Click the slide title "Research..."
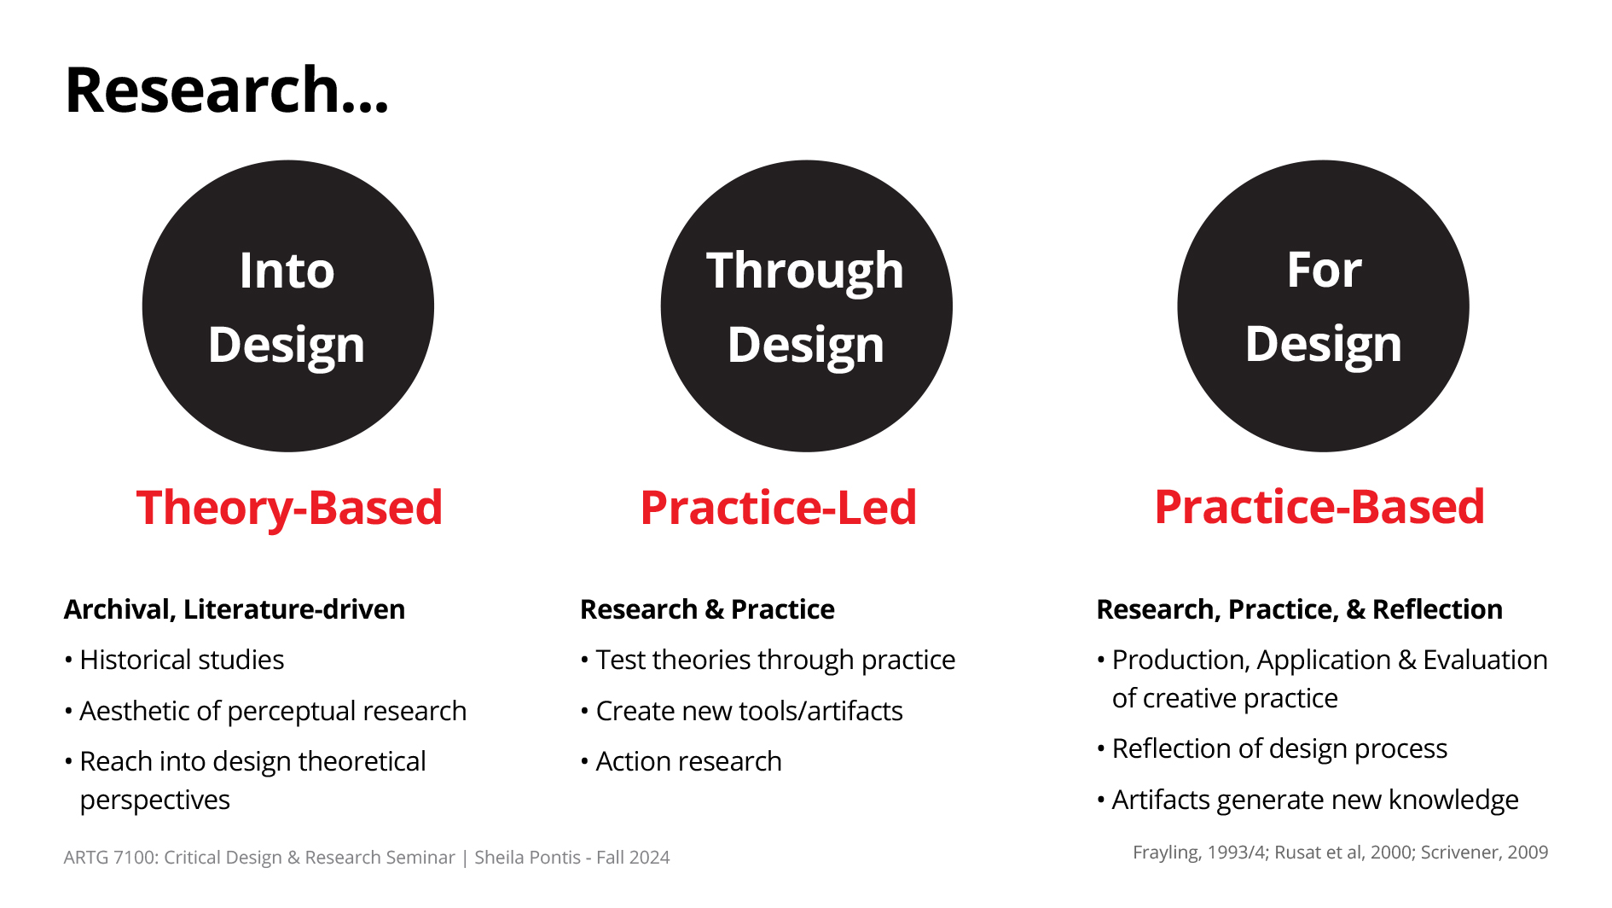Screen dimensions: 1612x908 [227, 90]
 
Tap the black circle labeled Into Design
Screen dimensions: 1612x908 [288, 306]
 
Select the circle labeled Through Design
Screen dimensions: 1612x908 [806, 306]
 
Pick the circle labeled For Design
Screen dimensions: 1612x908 [1323, 306]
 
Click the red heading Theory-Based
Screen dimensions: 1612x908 [289, 508]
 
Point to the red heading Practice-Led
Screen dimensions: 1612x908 [779, 508]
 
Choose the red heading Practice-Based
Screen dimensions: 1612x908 [1319, 507]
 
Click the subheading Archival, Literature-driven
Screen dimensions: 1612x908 [235, 609]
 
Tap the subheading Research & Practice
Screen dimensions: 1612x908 [707, 609]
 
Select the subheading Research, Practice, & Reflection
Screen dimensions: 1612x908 [1299, 609]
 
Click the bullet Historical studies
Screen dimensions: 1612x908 [174, 660]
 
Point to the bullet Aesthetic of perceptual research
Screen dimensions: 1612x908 [265, 711]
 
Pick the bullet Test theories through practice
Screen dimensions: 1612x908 [768, 660]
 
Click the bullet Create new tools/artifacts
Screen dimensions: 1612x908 [741, 711]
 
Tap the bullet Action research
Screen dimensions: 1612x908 [681, 761]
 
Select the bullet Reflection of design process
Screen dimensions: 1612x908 [1272, 748]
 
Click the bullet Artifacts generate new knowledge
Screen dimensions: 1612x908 [1308, 800]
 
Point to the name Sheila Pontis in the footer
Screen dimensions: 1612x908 [527, 858]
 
